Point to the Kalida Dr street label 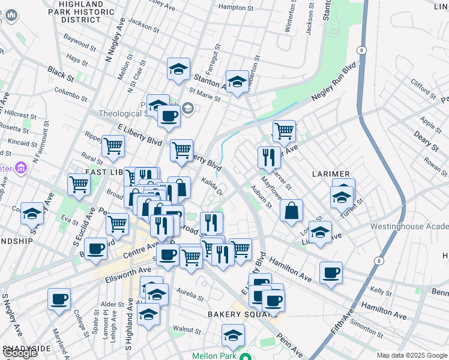click(212, 187)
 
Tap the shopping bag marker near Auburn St click(291, 211)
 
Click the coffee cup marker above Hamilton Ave click(331, 274)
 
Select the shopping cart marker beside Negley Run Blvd click(284, 130)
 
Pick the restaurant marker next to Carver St click(269, 157)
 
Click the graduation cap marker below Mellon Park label click(233, 335)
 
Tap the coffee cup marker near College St click(59, 299)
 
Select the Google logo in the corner click(20, 353)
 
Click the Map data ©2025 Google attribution click(412, 355)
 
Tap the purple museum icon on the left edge click(22, 167)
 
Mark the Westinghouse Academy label click(409, 226)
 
